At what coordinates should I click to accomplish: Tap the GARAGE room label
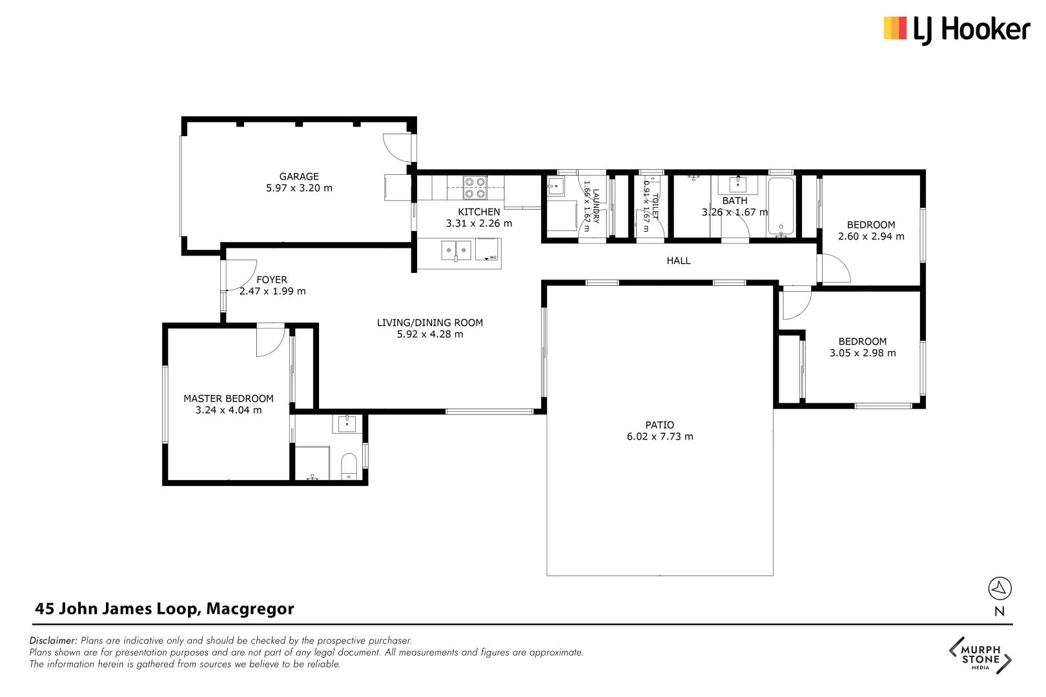coord(299,176)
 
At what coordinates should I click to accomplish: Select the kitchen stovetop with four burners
coord(475,188)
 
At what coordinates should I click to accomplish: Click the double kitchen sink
coord(456,250)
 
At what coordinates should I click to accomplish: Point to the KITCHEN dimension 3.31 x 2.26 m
coord(478,223)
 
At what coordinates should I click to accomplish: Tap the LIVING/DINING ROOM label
coord(429,323)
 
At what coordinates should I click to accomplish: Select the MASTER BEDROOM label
coord(229,399)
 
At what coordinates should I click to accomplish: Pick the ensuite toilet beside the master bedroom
coord(349,466)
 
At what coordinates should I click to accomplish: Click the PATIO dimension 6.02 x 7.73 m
coord(659,436)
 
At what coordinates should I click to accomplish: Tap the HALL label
coord(678,261)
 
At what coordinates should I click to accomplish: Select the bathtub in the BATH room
coord(781,206)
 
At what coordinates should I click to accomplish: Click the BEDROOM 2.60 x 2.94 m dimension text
coord(870,236)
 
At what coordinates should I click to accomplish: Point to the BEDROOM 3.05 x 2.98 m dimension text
coord(862,353)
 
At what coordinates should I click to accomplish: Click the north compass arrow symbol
coord(1000,588)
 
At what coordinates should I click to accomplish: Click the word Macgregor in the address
coord(250,609)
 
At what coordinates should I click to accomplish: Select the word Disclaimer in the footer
coord(53,641)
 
